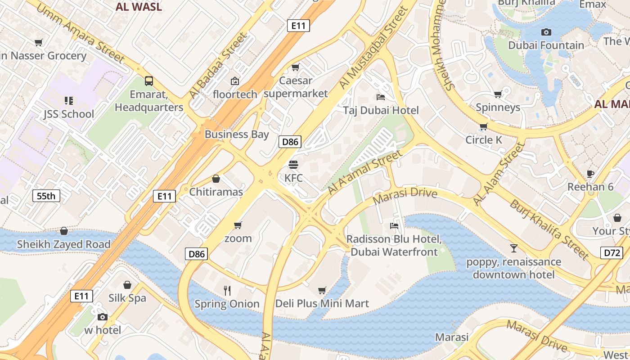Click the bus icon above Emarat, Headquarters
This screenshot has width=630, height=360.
(x=149, y=81)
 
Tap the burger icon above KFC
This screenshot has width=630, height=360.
(x=293, y=165)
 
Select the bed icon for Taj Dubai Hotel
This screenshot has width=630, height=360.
(x=381, y=97)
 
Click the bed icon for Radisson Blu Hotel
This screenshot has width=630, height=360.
(x=394, y=225)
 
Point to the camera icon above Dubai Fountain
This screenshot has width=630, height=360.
(x=546, y=32)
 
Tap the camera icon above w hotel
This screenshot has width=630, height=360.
(x=103, y=317)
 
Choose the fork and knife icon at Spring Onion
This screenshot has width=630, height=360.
(x=227, y=291)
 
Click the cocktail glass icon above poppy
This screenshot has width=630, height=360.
(x=513, y=248)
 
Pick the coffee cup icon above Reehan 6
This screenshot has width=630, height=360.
(x=590, y=174)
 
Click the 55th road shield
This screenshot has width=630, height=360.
(x=46, y=196)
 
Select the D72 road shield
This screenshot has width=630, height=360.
(x=612, y=253)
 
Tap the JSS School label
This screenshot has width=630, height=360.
(x=68, y=114)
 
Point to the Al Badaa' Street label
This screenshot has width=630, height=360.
(x=218, y=66)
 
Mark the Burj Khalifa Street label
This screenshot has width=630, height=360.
(x=549, y=229)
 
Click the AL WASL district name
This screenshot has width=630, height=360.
(x=139, y=7)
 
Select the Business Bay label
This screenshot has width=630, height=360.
(x=237, y=134)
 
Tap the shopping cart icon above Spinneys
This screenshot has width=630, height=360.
(x=498, y=94)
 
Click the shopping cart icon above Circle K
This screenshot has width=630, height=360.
(x=483, y=126)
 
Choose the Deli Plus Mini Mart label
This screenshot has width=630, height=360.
(x=322, y=303)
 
